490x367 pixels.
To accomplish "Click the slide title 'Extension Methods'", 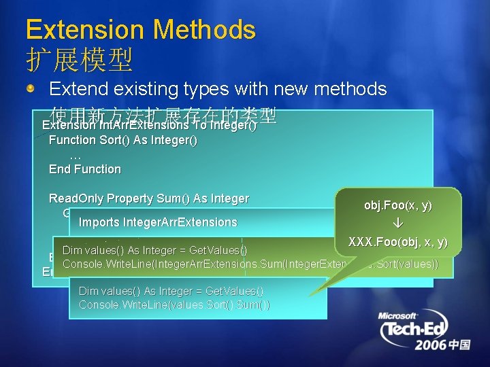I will coord(140,30).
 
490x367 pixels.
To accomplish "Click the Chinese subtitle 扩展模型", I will coord(79,61).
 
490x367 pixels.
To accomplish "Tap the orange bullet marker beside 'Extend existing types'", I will coord(31,89).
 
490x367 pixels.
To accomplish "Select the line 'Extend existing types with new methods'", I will coord(218,89).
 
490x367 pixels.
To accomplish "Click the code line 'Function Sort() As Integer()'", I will coord(123,140).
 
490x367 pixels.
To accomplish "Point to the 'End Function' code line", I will coord(85,169).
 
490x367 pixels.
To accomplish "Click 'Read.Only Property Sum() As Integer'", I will coord(149,198).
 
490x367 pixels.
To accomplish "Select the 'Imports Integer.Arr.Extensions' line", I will coord(158,222).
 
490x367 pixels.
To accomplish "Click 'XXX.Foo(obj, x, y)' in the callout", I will coord(397,242).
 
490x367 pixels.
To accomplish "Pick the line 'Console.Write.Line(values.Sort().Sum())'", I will coord(174,304).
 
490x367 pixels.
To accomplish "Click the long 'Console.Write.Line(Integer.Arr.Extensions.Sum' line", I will coord(259,264).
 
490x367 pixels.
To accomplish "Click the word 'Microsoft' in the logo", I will coord(398,316).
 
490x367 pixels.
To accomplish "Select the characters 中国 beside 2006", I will coord(459,345).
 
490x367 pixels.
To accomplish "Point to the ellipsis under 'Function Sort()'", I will coord(76,155).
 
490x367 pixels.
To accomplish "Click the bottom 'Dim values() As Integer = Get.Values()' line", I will coord(171,291).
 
